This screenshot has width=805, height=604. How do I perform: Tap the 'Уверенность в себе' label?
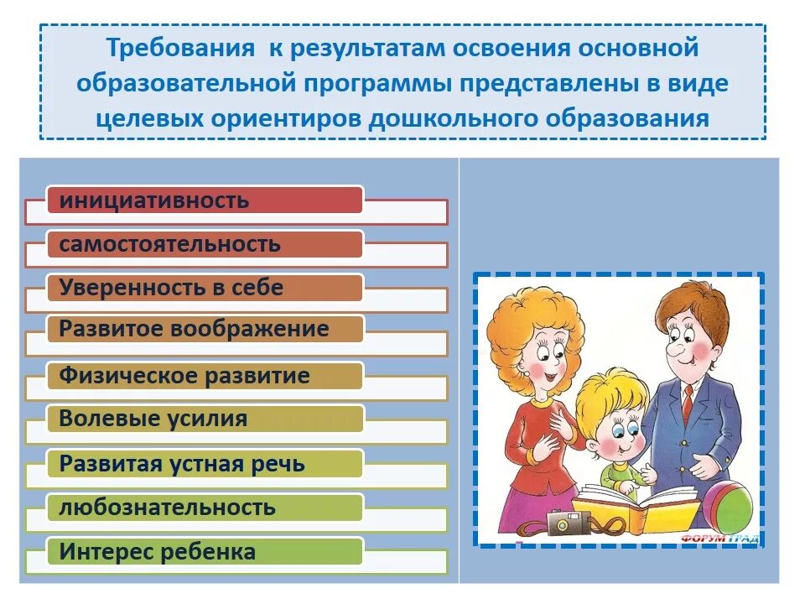171,288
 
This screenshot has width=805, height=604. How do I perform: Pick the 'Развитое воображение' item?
194,329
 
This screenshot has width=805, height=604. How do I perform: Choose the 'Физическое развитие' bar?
184,375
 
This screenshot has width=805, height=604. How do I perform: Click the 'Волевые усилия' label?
153,419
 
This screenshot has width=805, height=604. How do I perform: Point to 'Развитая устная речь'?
182,464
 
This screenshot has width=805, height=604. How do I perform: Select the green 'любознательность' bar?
167,508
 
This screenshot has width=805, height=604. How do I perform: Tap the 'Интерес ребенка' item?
158,552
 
